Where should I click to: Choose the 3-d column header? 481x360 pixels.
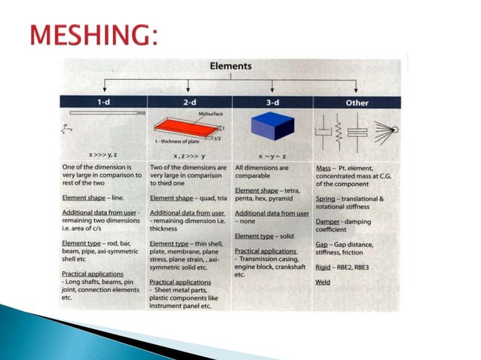point(273,102)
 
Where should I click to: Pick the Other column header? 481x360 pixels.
point(357,102)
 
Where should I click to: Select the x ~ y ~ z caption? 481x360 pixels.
point(272,154)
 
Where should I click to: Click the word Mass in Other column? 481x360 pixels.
point(324,166)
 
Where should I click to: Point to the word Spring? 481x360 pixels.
point(328,199)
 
